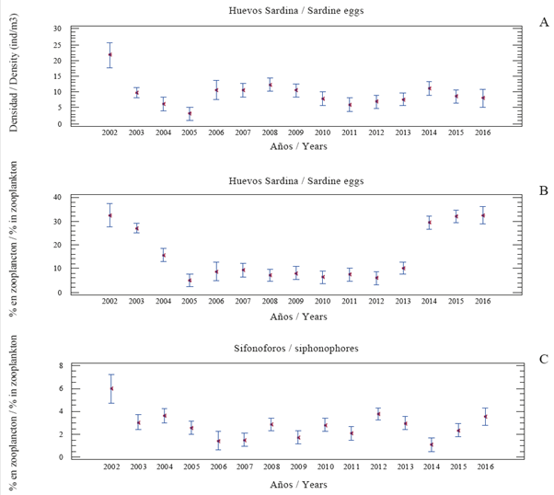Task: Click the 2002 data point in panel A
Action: [x=110, y=55]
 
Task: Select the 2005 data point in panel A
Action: [x=190, y=113]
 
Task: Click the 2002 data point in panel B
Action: [x=110, y=215]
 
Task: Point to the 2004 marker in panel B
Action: [x=163, y=255]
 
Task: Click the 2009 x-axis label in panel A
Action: [x=296, y=133]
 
